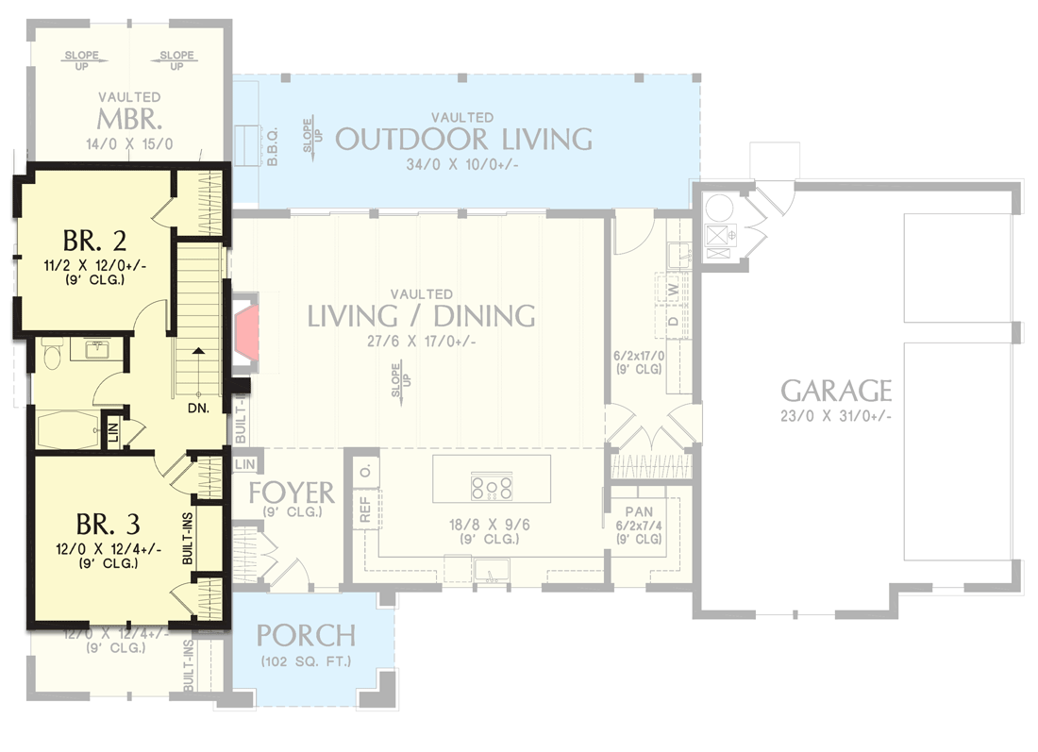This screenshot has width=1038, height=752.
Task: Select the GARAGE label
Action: (x=836, y=390)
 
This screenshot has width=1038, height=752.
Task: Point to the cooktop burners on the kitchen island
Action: (x=492, y=487)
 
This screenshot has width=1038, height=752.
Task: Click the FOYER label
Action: (x=292, y=493)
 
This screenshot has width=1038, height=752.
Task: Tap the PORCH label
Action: (x=306, y=635)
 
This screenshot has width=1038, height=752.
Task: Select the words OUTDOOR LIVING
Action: (x=463, y=140)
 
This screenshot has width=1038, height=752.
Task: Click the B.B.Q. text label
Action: (x=273, y=149)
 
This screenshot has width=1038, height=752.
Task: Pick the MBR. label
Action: (x=130, y=121)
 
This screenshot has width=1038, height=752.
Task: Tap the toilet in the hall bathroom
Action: (x=52, y=356)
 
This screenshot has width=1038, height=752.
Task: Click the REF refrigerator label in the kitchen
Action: (x=365, y=510)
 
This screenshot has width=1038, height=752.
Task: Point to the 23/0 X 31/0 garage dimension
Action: (x=836, y=416)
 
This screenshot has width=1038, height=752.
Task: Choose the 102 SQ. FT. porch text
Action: (x=306, y=660)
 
